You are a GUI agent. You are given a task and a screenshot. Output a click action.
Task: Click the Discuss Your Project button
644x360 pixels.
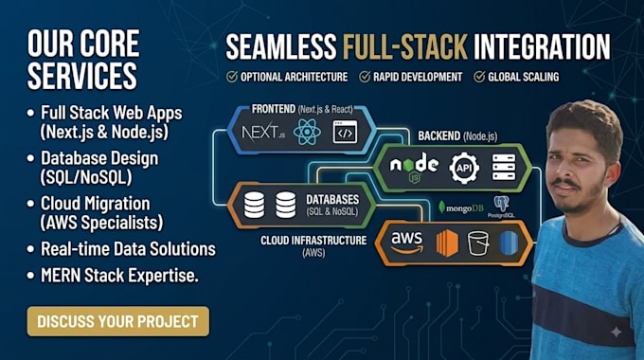tap(118, 321)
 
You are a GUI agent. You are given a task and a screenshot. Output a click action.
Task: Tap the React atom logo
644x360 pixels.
tap(307, 133)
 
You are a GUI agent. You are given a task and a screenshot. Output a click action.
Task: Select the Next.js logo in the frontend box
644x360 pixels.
tap(263, 133)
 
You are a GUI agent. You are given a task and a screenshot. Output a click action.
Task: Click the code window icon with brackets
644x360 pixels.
tap(345, 132)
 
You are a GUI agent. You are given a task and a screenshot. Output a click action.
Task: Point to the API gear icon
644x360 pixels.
tap(464, 168)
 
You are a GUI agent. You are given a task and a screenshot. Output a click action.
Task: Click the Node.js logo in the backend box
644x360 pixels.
tap(414, 167)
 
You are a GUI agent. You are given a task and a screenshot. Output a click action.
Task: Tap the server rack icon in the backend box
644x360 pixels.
tap(504, 168)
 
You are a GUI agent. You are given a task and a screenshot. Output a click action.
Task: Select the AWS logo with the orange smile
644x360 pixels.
tap(406, 243)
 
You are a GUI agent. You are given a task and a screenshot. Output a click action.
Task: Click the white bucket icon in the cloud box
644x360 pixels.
tap(478, 243)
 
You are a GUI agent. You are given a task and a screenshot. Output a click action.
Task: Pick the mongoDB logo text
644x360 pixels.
tap(461, 207)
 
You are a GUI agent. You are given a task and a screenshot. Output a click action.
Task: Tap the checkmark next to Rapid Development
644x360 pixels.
tap(365, 77)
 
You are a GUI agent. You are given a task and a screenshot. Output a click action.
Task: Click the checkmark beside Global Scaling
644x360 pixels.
tap(479, 77)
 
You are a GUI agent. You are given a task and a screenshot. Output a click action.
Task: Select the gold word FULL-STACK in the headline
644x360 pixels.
tap(405, 46)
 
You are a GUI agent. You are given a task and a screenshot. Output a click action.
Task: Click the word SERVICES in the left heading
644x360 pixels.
tap(82, 76)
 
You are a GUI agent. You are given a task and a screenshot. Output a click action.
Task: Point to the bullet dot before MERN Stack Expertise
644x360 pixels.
tap(30, 276)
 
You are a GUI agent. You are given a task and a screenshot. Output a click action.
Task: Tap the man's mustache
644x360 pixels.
tap(565, 183)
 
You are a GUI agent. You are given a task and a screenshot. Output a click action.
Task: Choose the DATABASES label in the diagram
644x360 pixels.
tap(332, 200)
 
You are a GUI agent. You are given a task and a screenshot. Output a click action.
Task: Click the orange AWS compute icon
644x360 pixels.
tap(447, 243)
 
